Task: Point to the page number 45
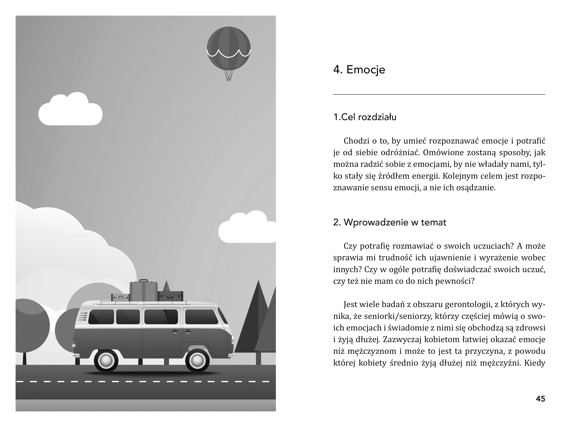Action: click(x=540, y=399)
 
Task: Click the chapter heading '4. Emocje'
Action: click(x=359, y=70)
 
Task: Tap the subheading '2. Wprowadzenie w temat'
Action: click(x=390, y=222)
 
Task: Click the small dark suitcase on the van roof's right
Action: click(x=170, y=296)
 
